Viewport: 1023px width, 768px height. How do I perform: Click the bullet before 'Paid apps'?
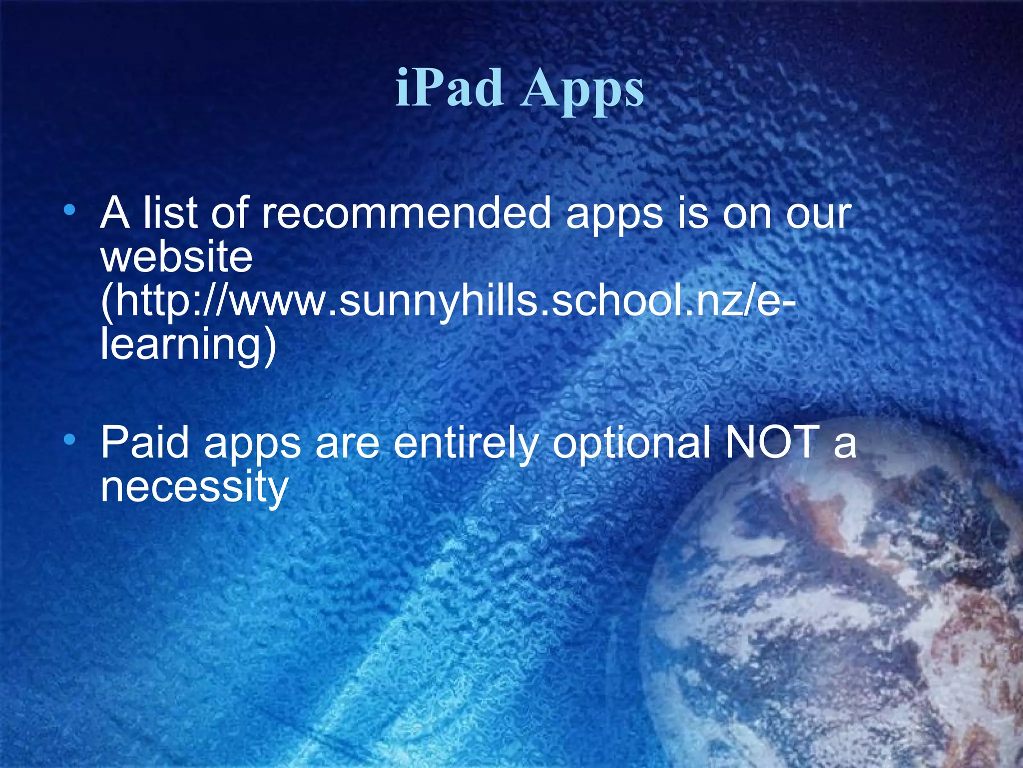tap(70, 440)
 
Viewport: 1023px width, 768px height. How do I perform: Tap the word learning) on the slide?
tap(188, 345)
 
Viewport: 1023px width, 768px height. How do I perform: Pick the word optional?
tap(632, 444)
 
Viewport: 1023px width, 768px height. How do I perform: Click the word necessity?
tap(194, 487)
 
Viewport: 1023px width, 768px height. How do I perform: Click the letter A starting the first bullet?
tap(115, 214)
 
